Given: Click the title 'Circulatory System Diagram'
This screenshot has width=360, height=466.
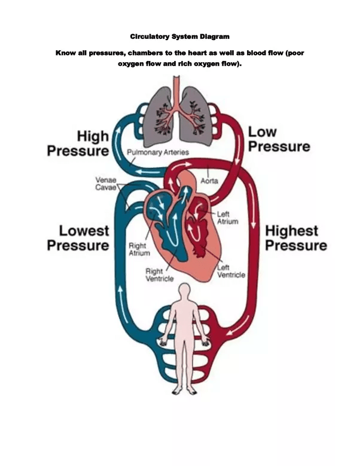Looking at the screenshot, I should click(x=179, y=37).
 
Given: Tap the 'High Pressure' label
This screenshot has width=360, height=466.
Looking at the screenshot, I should click(x=78, y=144).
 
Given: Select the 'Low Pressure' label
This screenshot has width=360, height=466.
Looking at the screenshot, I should click(x=279, y=139).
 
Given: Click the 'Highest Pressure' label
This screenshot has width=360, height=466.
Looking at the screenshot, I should click(x=296, y=238).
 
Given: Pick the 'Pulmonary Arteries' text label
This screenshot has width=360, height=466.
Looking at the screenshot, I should click(x=157, y=153).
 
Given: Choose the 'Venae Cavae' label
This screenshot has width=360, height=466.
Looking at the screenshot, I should click(x=106, y=183).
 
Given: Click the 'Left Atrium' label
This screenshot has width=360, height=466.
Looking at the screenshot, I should click(x=227, y=217).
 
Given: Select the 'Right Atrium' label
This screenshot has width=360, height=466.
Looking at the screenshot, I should click(x=139, y=249).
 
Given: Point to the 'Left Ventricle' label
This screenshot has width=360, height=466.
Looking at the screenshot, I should click(x=231, y=271).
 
